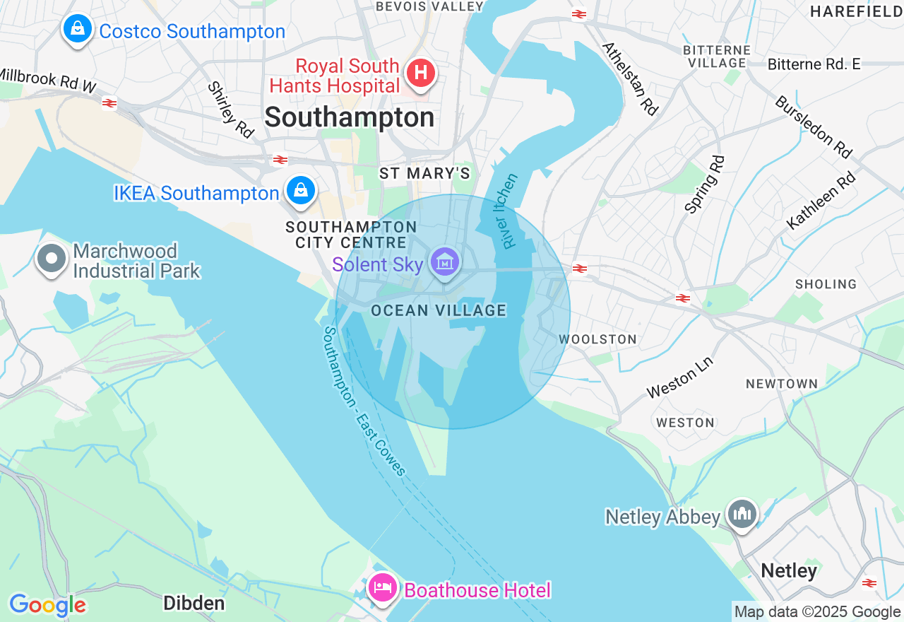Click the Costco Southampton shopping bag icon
78,30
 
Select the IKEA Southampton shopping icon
301,191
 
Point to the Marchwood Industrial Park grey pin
52,259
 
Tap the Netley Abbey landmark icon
742,514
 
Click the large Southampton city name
350,117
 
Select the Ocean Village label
439,310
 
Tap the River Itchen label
511,211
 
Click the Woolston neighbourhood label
597,339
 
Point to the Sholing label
826,284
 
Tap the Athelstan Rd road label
630,78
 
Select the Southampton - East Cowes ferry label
364,401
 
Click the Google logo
47,605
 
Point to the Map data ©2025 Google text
817,612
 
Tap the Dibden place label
194,603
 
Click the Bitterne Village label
717,57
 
